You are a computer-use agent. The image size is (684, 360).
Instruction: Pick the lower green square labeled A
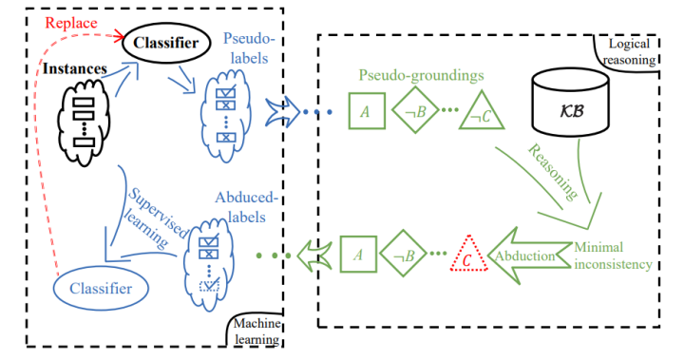357,254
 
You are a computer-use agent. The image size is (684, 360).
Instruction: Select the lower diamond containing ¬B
408,254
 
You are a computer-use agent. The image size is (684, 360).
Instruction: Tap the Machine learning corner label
256,331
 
